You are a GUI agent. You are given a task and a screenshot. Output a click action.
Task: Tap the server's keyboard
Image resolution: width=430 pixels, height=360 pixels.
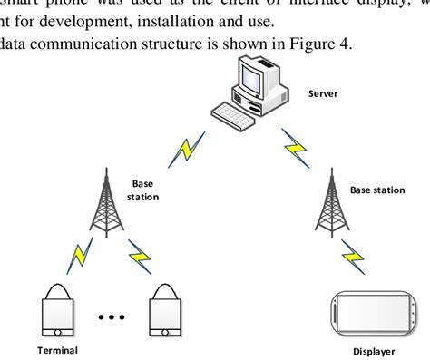click(x=235, y=112)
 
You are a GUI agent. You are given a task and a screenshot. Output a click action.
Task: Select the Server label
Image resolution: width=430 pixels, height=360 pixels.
click(x=322, y=92)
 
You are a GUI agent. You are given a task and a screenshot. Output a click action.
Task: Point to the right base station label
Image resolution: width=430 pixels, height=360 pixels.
click(x=377, y=190)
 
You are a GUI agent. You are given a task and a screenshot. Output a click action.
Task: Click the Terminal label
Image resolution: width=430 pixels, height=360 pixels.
click(x=57, y=350)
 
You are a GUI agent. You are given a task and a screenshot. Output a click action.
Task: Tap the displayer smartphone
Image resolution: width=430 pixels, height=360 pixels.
click(x=373, y=311)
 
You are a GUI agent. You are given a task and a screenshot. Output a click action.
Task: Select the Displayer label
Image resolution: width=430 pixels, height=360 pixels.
click(x=374, y=353)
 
